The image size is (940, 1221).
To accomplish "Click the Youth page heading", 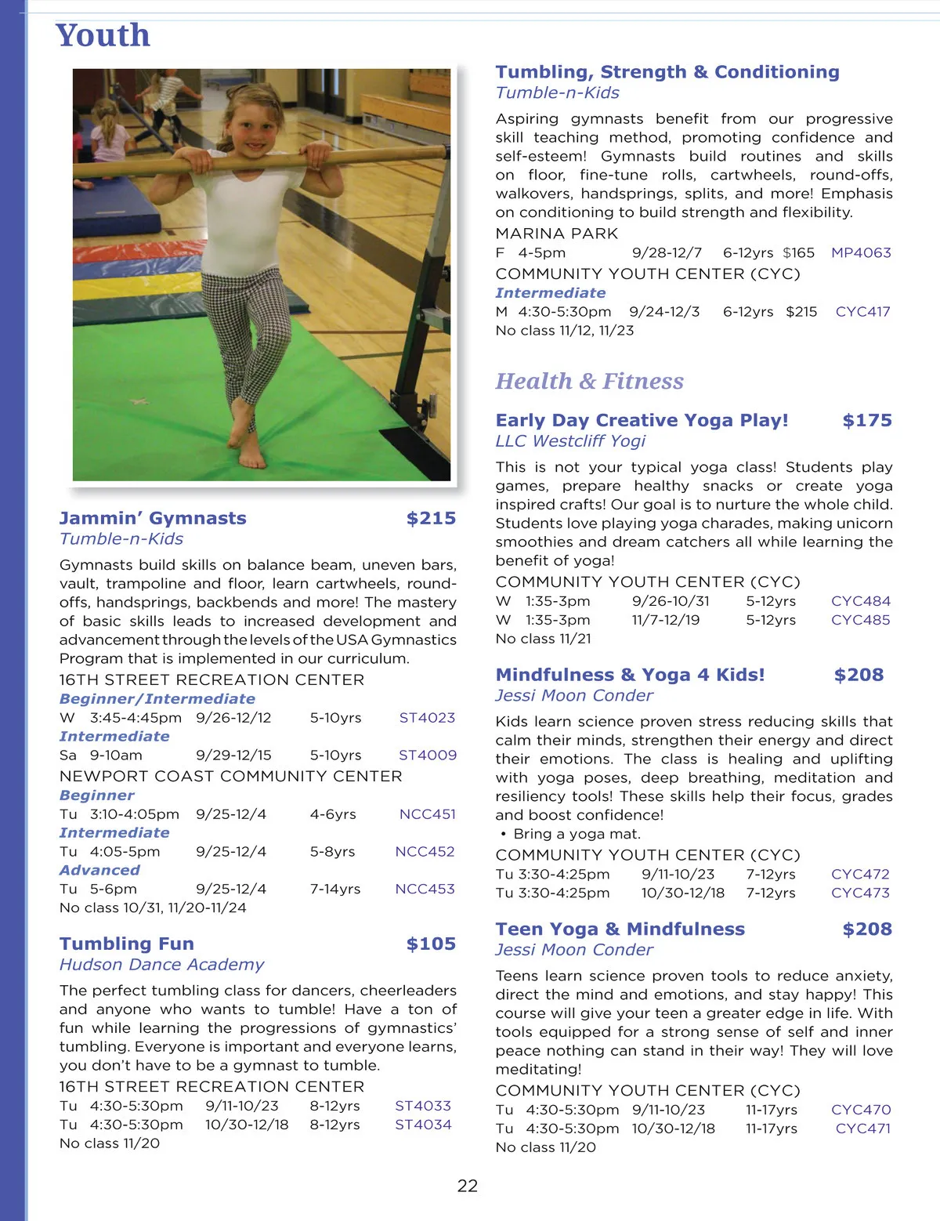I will click(103, 36).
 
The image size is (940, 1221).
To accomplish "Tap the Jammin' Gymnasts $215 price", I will click(431, 518).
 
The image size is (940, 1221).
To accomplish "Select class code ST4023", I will click(427, 717).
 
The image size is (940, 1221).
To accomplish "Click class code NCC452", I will click(425, 851).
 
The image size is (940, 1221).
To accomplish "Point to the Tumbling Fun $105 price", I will click(431, 944).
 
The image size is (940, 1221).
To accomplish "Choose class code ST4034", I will click(423, 1124).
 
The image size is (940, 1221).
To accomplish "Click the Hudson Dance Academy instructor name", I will click(161, 964).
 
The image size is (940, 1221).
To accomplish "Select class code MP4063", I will click(861, 252).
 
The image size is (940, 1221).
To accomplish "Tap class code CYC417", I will click(862, 311).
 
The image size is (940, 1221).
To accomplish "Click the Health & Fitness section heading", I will click(589, 382).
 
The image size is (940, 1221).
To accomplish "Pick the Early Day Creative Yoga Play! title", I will click(642, 420).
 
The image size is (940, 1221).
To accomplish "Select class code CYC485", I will click(860, 619).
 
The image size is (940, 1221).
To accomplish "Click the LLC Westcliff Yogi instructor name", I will click(570, 440).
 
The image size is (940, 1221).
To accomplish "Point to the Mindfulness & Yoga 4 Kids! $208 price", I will click(859, 675).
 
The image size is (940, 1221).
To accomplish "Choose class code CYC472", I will click(860, 874).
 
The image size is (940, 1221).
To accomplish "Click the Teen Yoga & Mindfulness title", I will click(620, 929).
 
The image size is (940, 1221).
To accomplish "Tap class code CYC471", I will click(862, 1128).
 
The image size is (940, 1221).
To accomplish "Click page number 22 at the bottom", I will click(468, 1186).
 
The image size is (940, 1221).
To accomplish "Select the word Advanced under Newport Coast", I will click(99, 870).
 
